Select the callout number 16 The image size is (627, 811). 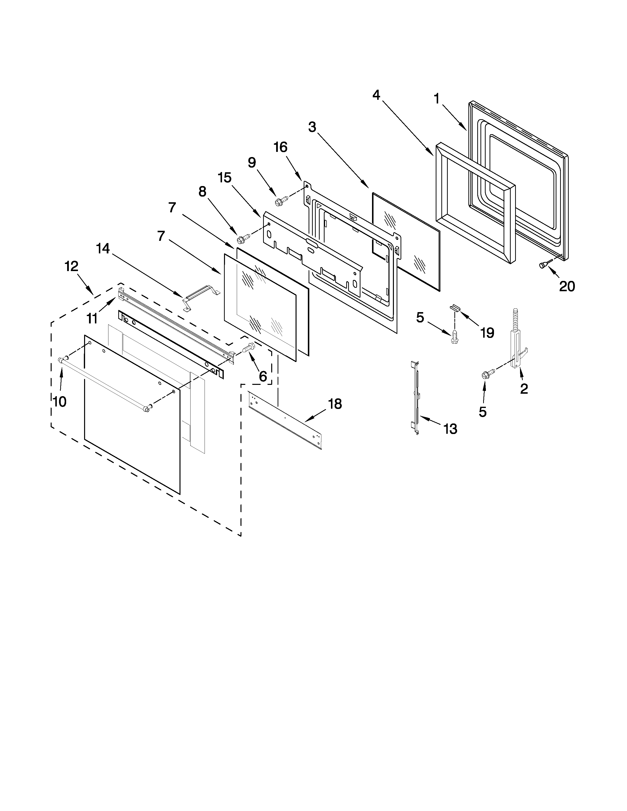point(281,147)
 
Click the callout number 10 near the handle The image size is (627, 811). point(60,401)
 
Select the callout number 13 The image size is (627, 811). point(450,429)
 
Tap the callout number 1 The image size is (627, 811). point(437,99)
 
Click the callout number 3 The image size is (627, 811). point(312,127)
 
